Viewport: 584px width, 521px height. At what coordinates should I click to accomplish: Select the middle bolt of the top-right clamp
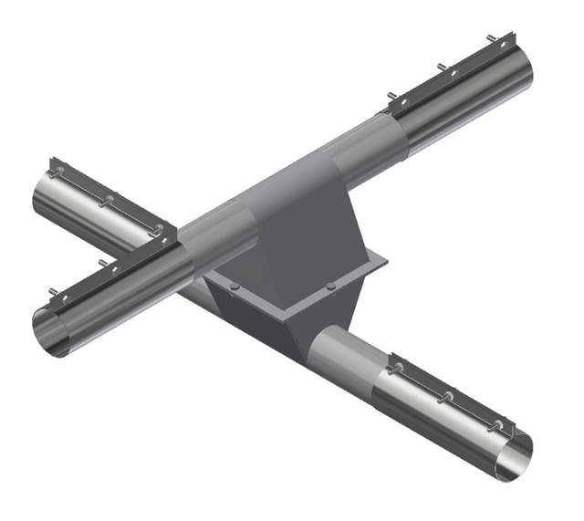pyautogui.click(x=441, y=69)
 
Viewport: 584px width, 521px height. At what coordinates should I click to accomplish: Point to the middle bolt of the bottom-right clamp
pyautogui.click(x=447, y=396)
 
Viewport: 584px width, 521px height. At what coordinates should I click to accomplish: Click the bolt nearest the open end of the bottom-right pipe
pyautogui.click(x=494, y=426)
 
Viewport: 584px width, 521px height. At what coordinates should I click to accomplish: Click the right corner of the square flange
pyautogui.click(x=387, y=264)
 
